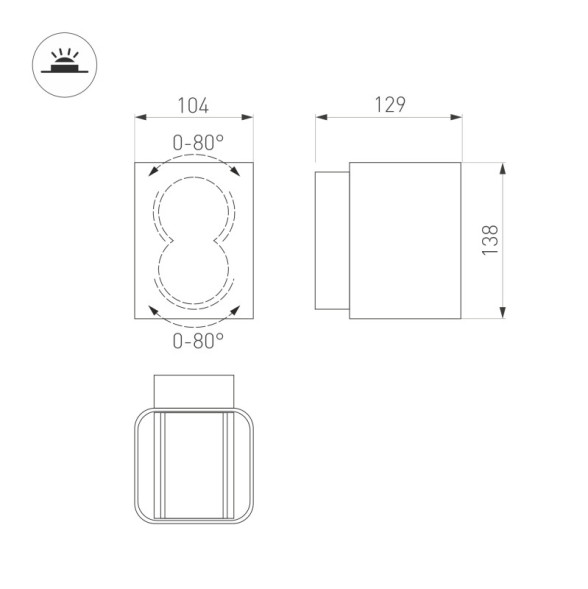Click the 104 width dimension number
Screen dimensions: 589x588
(x=193, y=105)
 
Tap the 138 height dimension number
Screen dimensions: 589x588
(x=490, y=240)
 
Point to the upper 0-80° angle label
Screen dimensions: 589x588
(x=197, y=143)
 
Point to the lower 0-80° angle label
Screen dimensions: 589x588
(x=197, y=341)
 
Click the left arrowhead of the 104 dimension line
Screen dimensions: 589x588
(x=139, y=118)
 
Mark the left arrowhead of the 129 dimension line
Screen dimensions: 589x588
(x=321, y=118)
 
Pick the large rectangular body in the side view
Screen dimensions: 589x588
(x=404, y=240)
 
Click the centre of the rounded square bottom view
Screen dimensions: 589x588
(x=194, y=466)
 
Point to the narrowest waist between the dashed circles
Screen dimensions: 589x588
(x=194, y=241)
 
